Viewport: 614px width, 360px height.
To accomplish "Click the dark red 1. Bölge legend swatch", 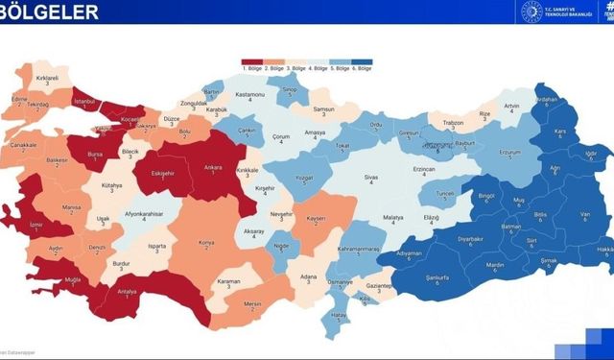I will tap(251, 61).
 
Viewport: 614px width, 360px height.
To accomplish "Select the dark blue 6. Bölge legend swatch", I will tap(361, 61).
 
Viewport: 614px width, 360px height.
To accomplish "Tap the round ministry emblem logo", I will tap(531, 12).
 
